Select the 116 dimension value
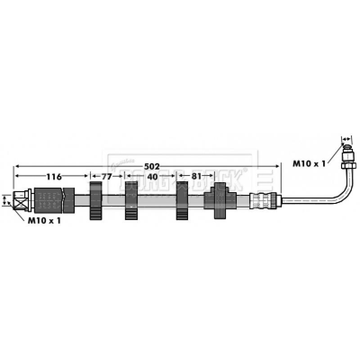[x=54, y=177]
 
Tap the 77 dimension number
[x=106, y=177]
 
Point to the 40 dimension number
[x=153, y=177]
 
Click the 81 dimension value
[x=196, y=177]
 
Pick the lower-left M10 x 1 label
[x=44, y=220]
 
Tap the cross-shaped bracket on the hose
[x=220, y=200]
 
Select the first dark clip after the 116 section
[x=96, y=201]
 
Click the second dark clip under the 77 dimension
[x=131, y=202]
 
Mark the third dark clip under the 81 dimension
[x=182, y=201]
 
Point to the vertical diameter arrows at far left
[x=5, y=200]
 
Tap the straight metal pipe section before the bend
[x=306, y=201]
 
